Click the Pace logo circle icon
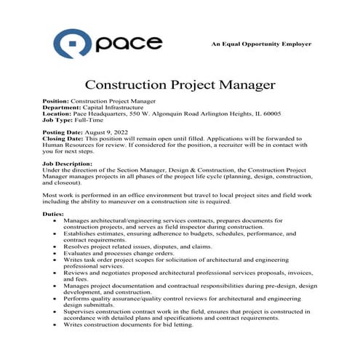[76, 44]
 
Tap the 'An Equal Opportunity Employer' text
[261, 44]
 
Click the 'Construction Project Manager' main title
[180, 85]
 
